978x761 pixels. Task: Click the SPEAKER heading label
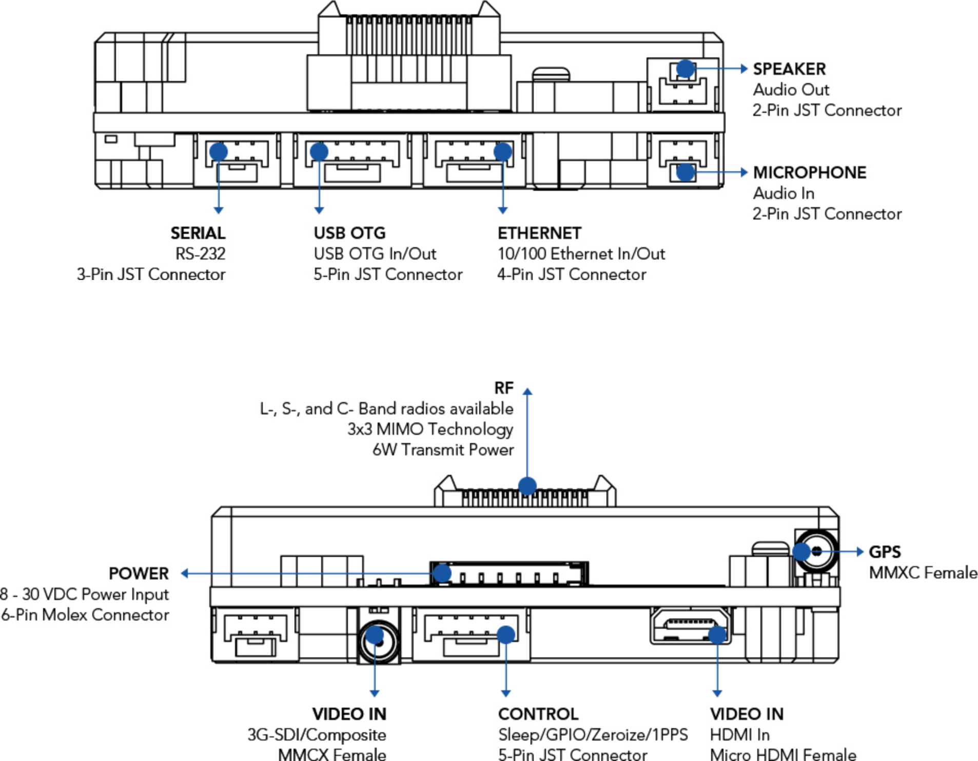[x=789, y=69]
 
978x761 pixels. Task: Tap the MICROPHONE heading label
[x=809, y=172]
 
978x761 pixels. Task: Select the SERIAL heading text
[x=198, y=233]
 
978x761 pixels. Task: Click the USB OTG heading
[x=349, y=233]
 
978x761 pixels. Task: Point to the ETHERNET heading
[x=539, y=233]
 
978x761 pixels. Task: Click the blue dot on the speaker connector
[x=686, y=68]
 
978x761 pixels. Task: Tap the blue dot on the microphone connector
[x=686, y=172]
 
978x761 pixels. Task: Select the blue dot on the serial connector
[x=219, y=151]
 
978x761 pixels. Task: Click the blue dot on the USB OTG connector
[x=319, y=151]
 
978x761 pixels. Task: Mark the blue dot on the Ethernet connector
[x=503, y=151]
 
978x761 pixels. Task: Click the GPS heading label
[x=885, y=552]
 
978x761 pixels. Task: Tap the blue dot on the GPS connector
[x=801, y=552]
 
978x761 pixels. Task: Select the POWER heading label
[x=139, y=573]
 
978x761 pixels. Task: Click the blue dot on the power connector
[x=442, y=573]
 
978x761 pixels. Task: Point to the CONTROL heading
[x=538, y=714]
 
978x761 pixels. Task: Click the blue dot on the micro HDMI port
[x=717, y=635]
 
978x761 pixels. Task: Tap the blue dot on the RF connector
[x=527, y=486]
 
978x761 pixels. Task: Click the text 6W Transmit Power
[x=443, y=450]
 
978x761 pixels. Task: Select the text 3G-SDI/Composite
[x=317, y=735]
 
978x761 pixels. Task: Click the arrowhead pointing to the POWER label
[x=185, y=573]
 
